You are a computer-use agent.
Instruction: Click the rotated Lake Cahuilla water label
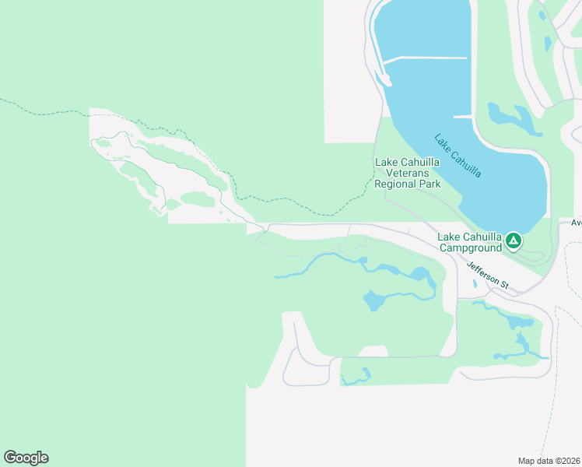tap(458, 155)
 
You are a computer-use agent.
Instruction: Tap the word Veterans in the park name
tap(408, 173)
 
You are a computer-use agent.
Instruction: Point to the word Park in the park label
tap(430, 184)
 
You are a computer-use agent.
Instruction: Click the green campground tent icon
tap(514, 241)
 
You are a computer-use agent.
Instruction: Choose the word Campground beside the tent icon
tap(469, 248)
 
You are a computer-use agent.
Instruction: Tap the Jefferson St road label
tap(487, 276)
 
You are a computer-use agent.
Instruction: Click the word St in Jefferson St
tap(503, 286)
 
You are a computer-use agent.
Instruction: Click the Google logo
tap(26, 457)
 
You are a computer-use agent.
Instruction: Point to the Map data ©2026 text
tap(549, 461)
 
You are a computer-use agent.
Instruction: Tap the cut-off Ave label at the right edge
tap(576, 222)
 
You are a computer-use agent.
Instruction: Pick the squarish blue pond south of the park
tap(374, 300)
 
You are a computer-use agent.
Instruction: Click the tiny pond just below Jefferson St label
tap(475, 284)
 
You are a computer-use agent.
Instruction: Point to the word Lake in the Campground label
tap(450, 237)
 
